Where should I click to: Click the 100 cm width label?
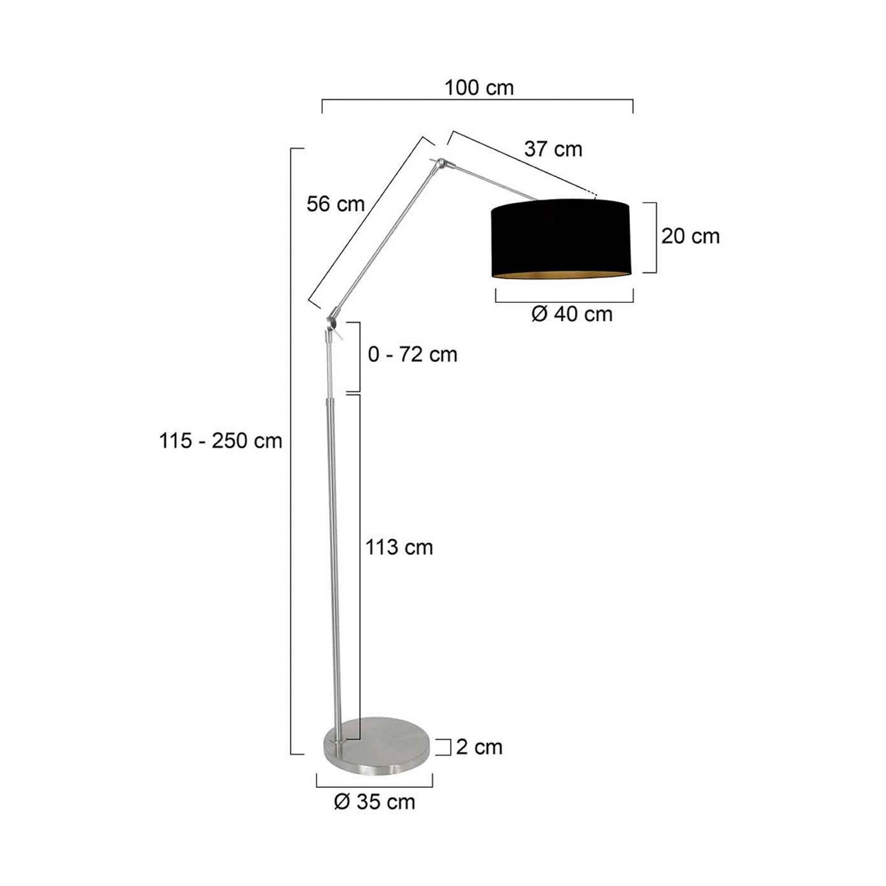click(479, 87)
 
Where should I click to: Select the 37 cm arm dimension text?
click(553, 149)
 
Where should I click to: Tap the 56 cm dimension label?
click(336, 204)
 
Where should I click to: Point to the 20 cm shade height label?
click(690, 236)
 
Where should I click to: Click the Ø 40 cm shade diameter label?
click(571, 314)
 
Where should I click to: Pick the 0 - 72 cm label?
click(413, 354)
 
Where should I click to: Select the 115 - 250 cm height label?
click(220, 441)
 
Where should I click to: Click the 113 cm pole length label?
click(399, 547)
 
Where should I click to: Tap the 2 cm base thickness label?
click(479, 747)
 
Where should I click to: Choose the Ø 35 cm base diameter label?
click(374, 801)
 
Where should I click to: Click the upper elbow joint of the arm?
click(441, 164)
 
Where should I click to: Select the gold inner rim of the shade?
click(560, 275)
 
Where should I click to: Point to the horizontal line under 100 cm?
click(477, 100)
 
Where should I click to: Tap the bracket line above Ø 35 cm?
click(374, 786)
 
